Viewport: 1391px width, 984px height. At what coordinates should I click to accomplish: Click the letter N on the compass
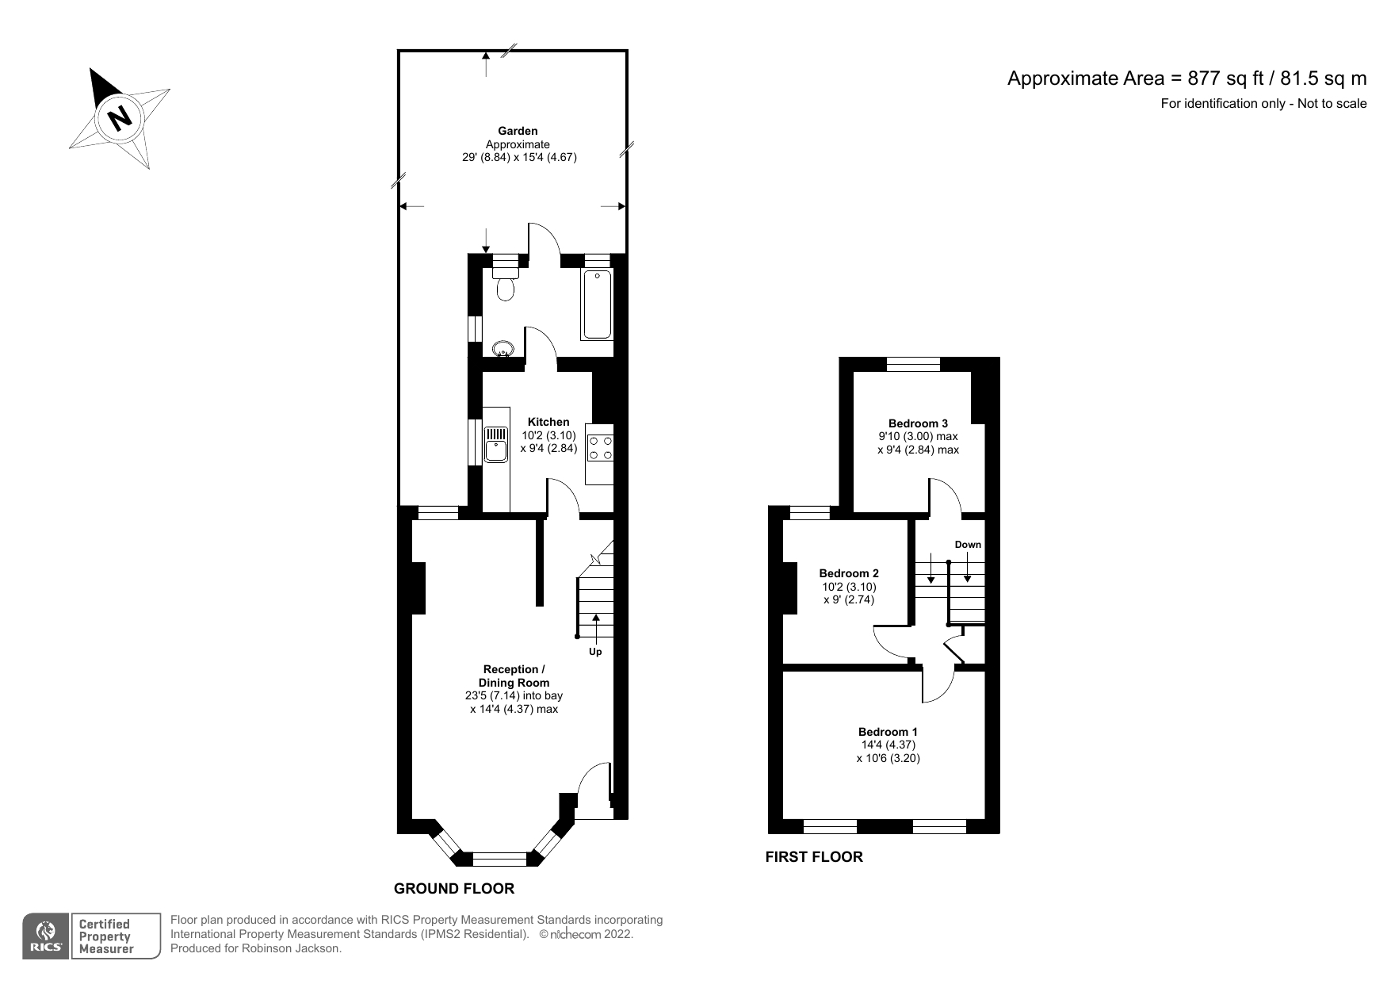pyautogui.click(x=120, y=118)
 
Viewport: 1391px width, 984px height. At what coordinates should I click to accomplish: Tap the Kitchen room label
pyautogui.click(x=548, y=422)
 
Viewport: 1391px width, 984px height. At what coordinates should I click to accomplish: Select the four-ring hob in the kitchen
pyautogui.click(x=600, y=448)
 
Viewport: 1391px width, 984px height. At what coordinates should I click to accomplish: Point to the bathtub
pyautogui.click(x=597, y=304)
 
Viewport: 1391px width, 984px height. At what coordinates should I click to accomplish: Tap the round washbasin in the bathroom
pyautogui.click(x=502, y=347)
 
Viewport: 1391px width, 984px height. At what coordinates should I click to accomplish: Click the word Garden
pyautogui.click(x=518, y=131)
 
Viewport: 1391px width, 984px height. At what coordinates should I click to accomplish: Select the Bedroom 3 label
pyautogui.click(x=918, y=423)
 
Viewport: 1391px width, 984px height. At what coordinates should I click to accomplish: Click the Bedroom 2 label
pyautogui.click(x=849, y=573)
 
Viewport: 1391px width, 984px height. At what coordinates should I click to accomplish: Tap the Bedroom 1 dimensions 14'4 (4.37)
pyautogui.click(x=888, y=745)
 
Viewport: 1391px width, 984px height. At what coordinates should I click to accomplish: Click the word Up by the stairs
pyautogui.click(x=595, y=652)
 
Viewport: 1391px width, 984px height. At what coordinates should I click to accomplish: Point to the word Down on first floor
pyautogui.click(x=968, y=545)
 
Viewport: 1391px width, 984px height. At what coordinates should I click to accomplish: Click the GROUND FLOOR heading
pyautogui.click(x=454, y=889)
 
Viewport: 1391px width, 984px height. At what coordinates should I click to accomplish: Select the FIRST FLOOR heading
pyautogui.click(x=814, y=857)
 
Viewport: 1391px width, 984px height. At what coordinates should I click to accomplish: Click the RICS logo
pyautogui.click(x=46, y=936)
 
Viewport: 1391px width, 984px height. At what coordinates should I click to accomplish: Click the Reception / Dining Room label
pyautogui.click(x=514, y=676)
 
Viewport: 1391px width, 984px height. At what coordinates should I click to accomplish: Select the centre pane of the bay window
pyautogui.click(x=499, y=859)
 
